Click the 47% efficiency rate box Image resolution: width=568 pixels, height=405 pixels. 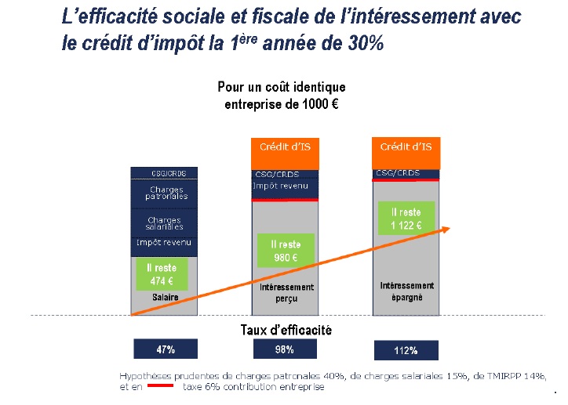pyautogui.click(x=165, y=349)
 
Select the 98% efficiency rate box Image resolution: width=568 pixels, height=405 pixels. pyautogui.click(x=284, y=349)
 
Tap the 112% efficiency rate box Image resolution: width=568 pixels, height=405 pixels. pyautogui.click(x=405, y=349)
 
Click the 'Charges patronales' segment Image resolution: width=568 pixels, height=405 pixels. pyautogui.click(x=165, y=193)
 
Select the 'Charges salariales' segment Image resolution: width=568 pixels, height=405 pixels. pyautogui.click(x=165, y=223)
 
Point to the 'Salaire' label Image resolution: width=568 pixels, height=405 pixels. pyautogui.click(x=166, y=298)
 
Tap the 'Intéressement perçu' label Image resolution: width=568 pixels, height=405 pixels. pyautogui.click(x=286, y=293)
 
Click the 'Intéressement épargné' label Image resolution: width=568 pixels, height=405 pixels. pyautogui.click(x=406, y=291)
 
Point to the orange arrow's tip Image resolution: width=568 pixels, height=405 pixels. pyautogui.click(x=448, y=227)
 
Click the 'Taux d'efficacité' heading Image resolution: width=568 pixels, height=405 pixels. pyautogui.click(x=286, y=330)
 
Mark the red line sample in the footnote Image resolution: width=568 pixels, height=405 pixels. pyautogui.click(x=161, y=386)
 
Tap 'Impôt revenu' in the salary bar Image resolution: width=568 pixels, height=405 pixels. pyautogui.click(x=165, y=243)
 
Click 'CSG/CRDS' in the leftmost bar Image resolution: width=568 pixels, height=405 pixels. pyautogui.click(x=165, y=172)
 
